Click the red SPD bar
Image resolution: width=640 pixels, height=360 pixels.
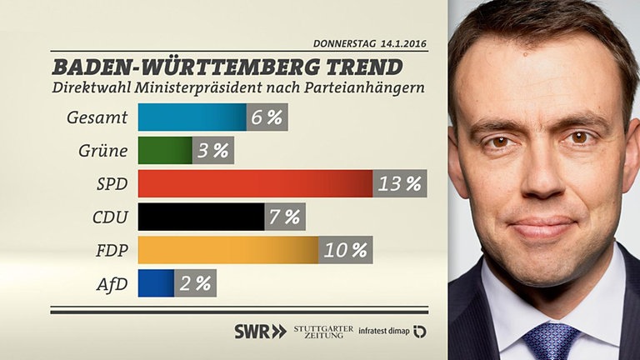254,183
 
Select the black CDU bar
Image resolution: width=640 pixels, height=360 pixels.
200,217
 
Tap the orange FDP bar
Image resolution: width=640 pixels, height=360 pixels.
227,249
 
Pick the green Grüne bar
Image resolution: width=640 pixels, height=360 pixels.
164,150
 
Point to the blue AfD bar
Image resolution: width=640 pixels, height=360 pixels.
156,283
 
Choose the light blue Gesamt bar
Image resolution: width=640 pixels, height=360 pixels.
192,117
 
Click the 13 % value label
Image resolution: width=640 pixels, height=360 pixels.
400,183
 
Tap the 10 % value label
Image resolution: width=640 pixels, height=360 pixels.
345,249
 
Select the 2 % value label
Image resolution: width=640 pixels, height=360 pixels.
195,283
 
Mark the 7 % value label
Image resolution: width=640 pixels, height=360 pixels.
284,217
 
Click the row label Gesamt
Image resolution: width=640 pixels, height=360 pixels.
97,117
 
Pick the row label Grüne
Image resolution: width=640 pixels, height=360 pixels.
102,150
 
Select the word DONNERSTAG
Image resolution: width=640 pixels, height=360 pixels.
342,42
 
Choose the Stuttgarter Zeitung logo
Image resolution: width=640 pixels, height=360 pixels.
323,331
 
